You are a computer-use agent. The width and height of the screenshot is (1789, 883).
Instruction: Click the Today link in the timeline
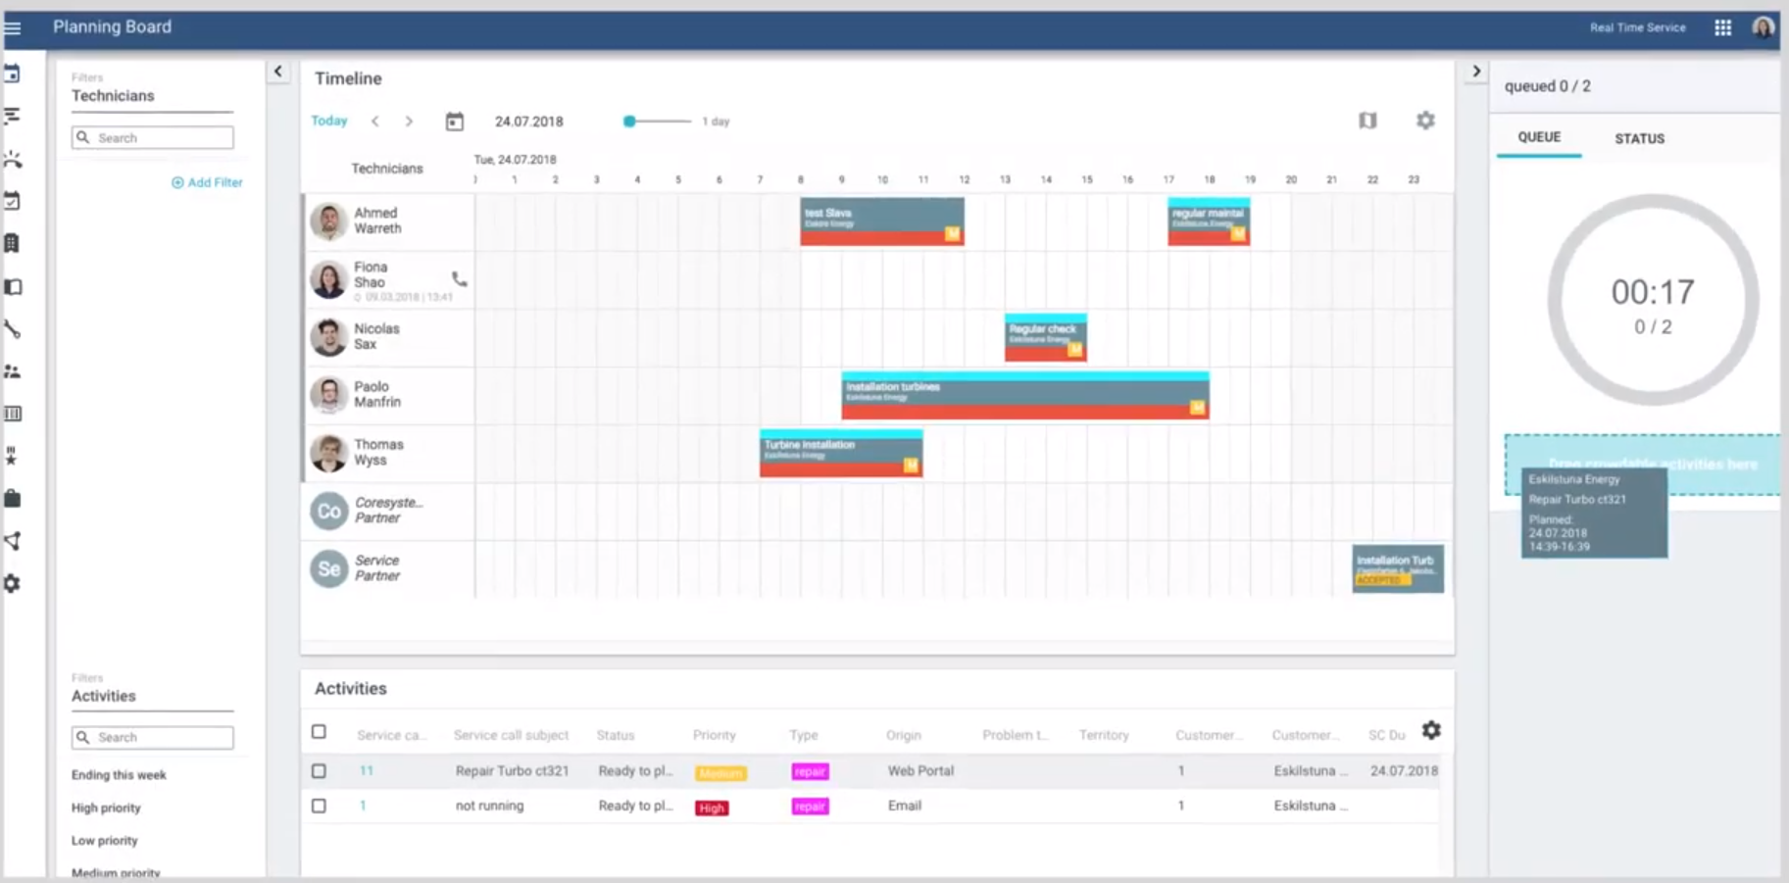pos(329,121)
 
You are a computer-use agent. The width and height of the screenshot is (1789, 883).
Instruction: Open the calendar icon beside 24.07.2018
pos(454,122)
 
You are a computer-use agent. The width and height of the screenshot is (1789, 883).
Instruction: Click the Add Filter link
pos(207,182)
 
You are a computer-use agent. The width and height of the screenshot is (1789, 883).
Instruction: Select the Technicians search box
pos(153,138)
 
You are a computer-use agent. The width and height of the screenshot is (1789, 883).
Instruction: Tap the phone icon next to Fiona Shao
pos(459,279)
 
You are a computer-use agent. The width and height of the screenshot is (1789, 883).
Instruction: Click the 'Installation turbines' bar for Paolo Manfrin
pos(1024,396)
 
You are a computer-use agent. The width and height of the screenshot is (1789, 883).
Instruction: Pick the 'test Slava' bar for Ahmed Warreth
pos(881,221)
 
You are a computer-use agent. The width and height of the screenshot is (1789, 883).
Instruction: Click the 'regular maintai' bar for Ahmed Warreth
pos(1208,221)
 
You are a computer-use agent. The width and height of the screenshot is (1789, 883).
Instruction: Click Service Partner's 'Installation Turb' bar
pos(1397,568)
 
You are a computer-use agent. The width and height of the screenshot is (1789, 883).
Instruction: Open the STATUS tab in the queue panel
pos(1639,138)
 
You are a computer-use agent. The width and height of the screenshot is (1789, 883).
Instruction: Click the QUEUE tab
pos(1539,137)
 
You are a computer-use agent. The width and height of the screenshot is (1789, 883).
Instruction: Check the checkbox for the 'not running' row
pos(319,806)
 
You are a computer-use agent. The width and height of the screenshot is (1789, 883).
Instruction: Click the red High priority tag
pos(712,808)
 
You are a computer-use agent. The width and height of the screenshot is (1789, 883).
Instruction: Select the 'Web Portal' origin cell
pos(920,771)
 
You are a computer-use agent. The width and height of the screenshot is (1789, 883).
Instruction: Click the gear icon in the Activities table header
pos(1431,731)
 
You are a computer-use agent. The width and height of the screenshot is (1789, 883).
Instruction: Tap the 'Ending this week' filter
pos(119,775)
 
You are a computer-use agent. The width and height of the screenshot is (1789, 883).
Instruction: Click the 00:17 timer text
pos(1653,292)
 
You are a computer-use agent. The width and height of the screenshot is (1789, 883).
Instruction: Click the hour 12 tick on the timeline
pos(965,180)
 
